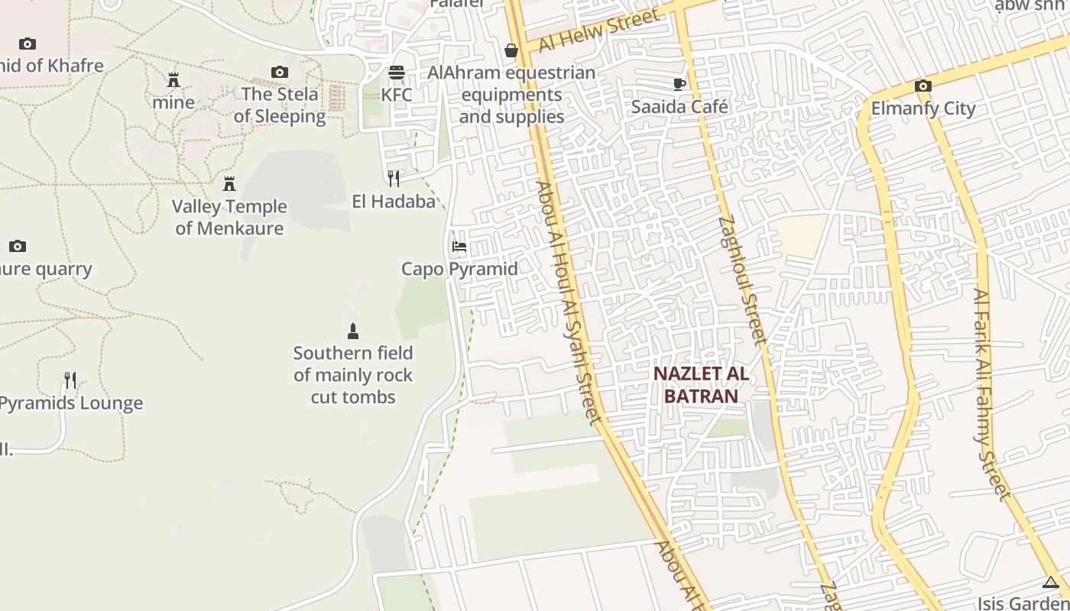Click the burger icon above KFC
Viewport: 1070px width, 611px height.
click(396, 73)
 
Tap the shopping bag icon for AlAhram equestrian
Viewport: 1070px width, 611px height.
click(511, 50)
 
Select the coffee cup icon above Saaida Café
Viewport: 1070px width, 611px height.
click(679, 84)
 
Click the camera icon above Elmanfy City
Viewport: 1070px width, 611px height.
click(922, 86)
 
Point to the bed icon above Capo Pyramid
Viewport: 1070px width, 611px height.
click(459, 247)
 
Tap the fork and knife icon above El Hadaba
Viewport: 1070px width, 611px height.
click(394, 179)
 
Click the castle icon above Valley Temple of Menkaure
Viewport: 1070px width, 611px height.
click(229, 183)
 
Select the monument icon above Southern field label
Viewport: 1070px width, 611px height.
click(353, 331)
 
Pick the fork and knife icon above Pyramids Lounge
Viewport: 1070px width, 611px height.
click(70, 380)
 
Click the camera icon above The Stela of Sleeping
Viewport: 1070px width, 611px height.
click(280, 72)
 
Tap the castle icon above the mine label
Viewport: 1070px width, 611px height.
click(173, 79)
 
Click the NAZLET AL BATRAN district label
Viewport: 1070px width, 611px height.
click(701, 385)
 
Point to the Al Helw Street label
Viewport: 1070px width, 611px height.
click(598, 31)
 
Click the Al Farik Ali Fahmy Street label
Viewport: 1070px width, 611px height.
click(991, 393)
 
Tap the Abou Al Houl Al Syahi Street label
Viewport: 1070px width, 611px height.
click(569, 302)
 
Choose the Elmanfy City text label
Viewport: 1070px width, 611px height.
click(923, 108)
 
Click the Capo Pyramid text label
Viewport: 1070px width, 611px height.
click(459, 269)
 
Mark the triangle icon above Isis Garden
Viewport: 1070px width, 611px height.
click(1050, 583)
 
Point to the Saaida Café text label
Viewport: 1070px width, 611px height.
click(679, 106)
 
